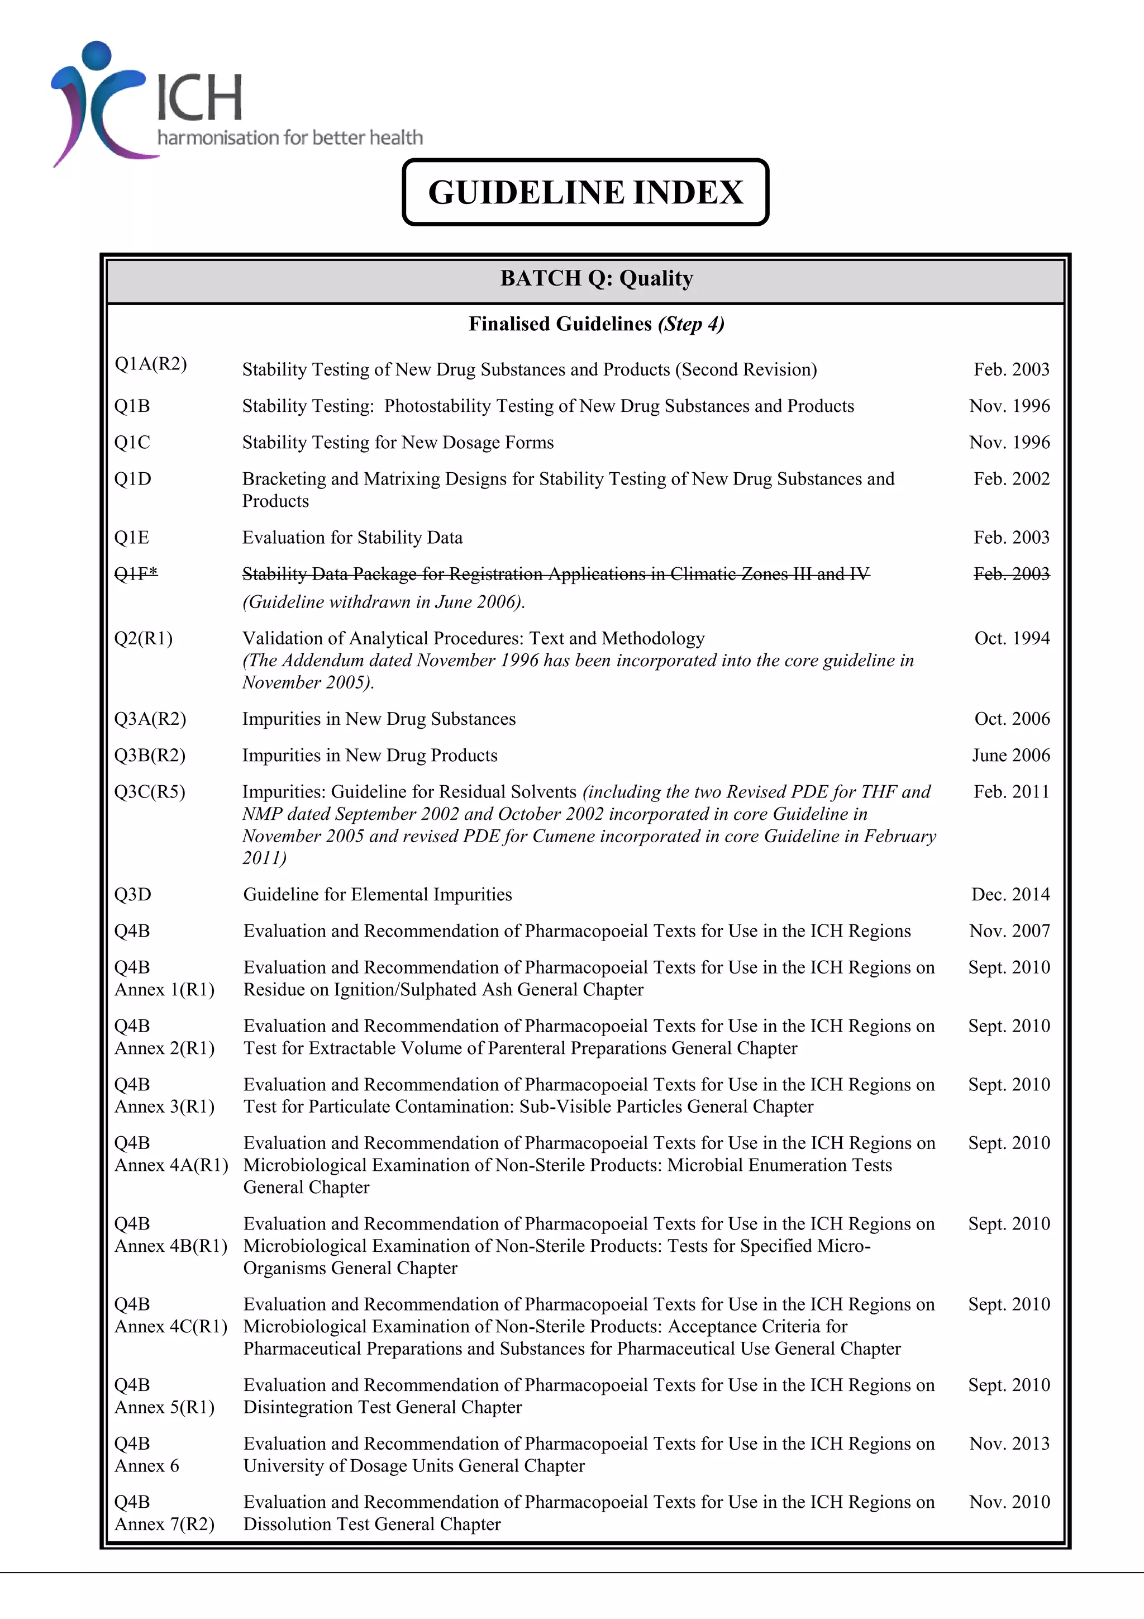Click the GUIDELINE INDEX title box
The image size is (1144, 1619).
tap(585, 192)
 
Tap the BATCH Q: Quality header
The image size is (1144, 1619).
tap(597, 278)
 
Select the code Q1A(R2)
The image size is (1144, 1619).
tap(150, 364)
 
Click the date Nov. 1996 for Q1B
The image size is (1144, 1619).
tap(1009, 406)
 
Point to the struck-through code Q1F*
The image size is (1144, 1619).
tap(136, 574)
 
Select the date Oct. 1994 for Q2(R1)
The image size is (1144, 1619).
tap(1012, 638)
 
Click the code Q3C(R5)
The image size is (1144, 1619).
tap(150, 792)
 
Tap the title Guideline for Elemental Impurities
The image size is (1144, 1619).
tap(377, 895)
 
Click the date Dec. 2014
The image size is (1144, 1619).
tap(1010, 895)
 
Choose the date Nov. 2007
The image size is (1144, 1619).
tap(1009, 932)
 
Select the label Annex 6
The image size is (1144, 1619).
tap(146, 1466)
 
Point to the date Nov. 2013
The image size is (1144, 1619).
tap(1009, 1444)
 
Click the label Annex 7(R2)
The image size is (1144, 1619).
tap(164, 1525)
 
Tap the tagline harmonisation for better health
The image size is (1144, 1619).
tap(290, 137)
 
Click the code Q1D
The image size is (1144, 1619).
tap(132, 479)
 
